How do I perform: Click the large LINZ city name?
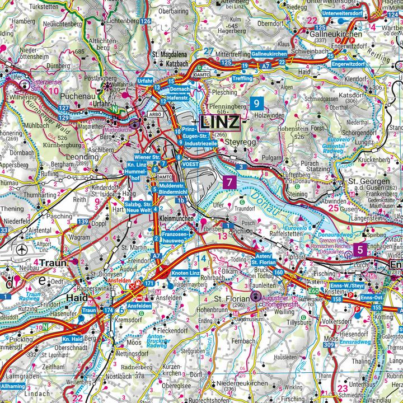pyautogui.click(x=219, y=121)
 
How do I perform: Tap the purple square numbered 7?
pyautogui.click(x=228, y=181)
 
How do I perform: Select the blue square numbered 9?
pyautogui.click(x=256, y=103)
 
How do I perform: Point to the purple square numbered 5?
pyautogui.click(x=362, y=251)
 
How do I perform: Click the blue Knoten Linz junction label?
pyautogui.click(x=186, y=272)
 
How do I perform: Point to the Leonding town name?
pyautogui.click(x=82, y=157)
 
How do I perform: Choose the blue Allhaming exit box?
pyautogui.click(x=12, y=387)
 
